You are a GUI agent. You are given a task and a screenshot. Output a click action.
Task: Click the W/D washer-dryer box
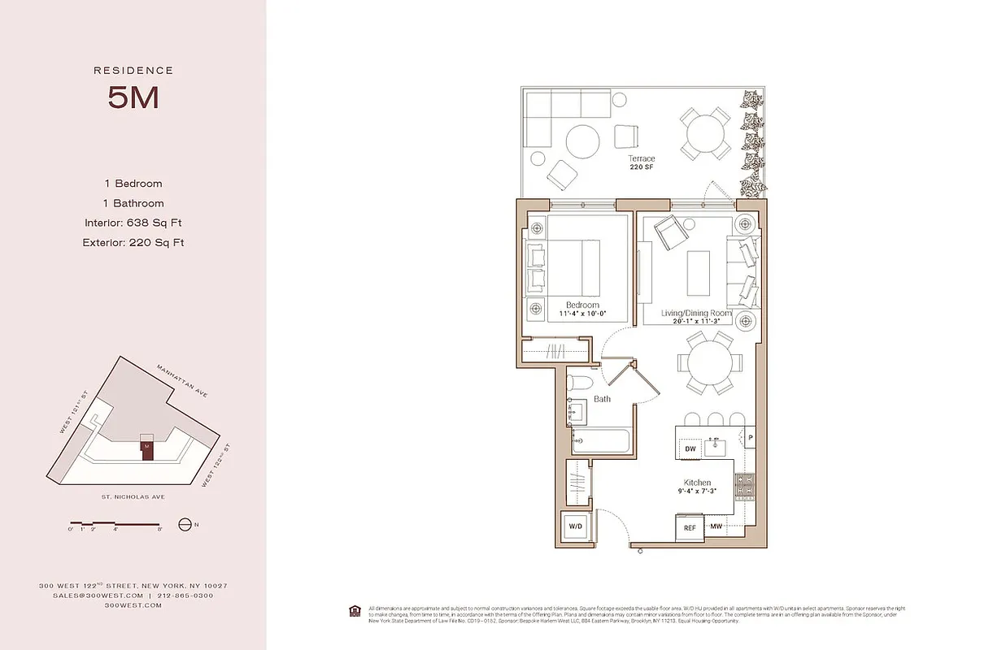pyautogui.click(x=576, y=526)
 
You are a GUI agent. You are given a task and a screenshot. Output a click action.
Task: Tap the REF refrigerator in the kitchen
pyautogui.click(x=690, y=527)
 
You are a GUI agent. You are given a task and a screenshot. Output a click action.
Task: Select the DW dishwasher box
pyautogui.click(x=690, y=448)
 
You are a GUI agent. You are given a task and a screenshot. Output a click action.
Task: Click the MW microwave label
pyautogui.click(x=716, y=526)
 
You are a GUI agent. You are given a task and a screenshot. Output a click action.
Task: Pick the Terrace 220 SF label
pyautogui.click(x=641, y=162)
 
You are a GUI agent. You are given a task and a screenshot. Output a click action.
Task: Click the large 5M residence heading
pyautogui.click(x=133, y=97)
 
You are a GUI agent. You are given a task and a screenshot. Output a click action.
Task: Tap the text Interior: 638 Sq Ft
pyautogui.click(x=133, y=223)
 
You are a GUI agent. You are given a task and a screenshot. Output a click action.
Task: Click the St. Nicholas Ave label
pyautogui.click(x=133, y=496)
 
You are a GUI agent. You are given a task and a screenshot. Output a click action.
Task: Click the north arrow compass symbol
pyautogui.click(x=185, y=525)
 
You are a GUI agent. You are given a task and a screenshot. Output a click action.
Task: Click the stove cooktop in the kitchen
pyautogui.click(x=744, y=485)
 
